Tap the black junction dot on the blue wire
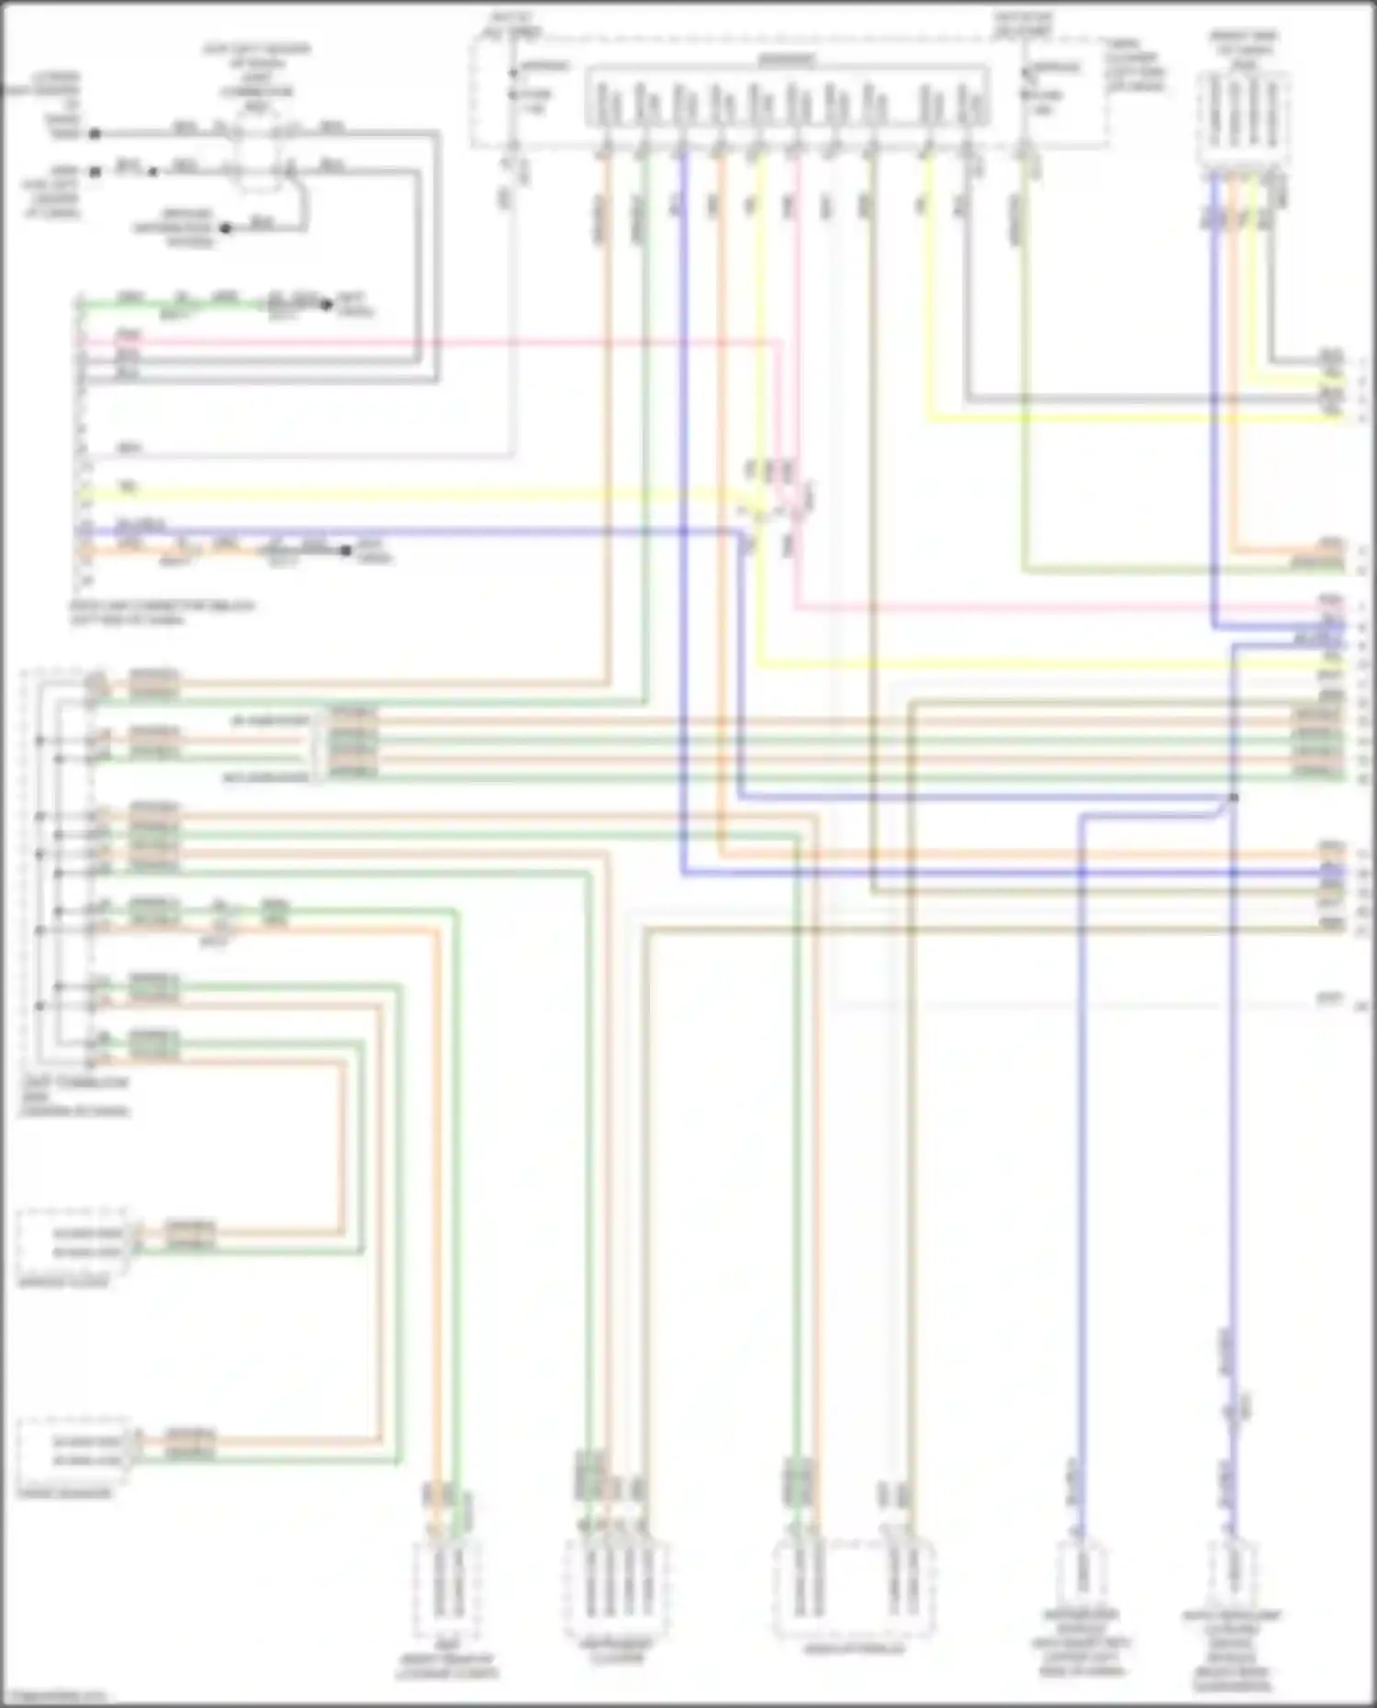pyautogui.click(x=1233, y=798)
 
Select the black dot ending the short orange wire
pyautogui.click(x=346, y=551)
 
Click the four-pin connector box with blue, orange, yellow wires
pyautogui.click(x=1245, y=119)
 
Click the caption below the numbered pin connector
pyautogui.click(x=163, y=612)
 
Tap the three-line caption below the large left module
pyautogui.click(x=75, y=1097)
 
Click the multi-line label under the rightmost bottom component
pyautogui.click(x=1231, y=1652)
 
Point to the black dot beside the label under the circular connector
pyautogui.click(x=226, y=228)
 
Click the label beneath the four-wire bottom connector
pyautogui.click(x=617, y=1652)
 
